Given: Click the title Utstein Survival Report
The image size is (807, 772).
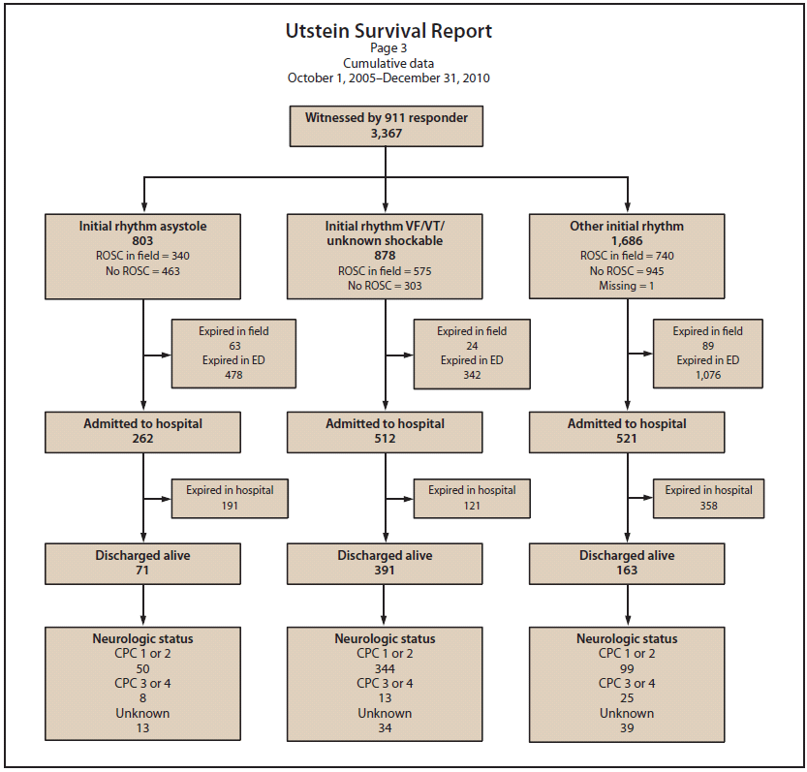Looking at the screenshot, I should (388, 31).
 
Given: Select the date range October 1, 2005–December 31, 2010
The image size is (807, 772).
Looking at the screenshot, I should (388, 77).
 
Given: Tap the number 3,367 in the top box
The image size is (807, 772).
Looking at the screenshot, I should (386, 133).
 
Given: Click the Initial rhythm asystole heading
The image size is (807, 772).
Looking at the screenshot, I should (142, 226).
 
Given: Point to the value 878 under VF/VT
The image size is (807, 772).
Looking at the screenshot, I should (385, 256).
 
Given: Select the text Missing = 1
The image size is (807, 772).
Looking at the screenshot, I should (627, 286).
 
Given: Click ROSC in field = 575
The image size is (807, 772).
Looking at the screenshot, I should (385, 271).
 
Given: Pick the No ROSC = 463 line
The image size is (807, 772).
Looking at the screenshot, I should (142, 271).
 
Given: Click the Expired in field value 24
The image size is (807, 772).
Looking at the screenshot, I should (472, 346).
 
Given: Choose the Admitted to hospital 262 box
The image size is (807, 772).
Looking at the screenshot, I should (142, 431).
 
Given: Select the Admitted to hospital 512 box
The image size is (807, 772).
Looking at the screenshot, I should (385, 431).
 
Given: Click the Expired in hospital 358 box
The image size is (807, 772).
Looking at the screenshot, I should (708, 497).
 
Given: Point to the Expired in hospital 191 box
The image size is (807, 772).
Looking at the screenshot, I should (230, 497).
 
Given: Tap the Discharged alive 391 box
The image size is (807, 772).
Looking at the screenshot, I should (385, 563).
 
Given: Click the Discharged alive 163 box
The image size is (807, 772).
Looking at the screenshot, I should (627, 563).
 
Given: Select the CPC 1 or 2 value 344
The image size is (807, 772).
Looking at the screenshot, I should (385, 668).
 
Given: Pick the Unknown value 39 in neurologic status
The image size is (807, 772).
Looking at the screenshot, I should (627, 727).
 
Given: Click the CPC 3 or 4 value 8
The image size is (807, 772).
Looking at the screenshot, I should (142, 697).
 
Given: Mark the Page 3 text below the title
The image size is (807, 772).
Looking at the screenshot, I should (388, 48).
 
